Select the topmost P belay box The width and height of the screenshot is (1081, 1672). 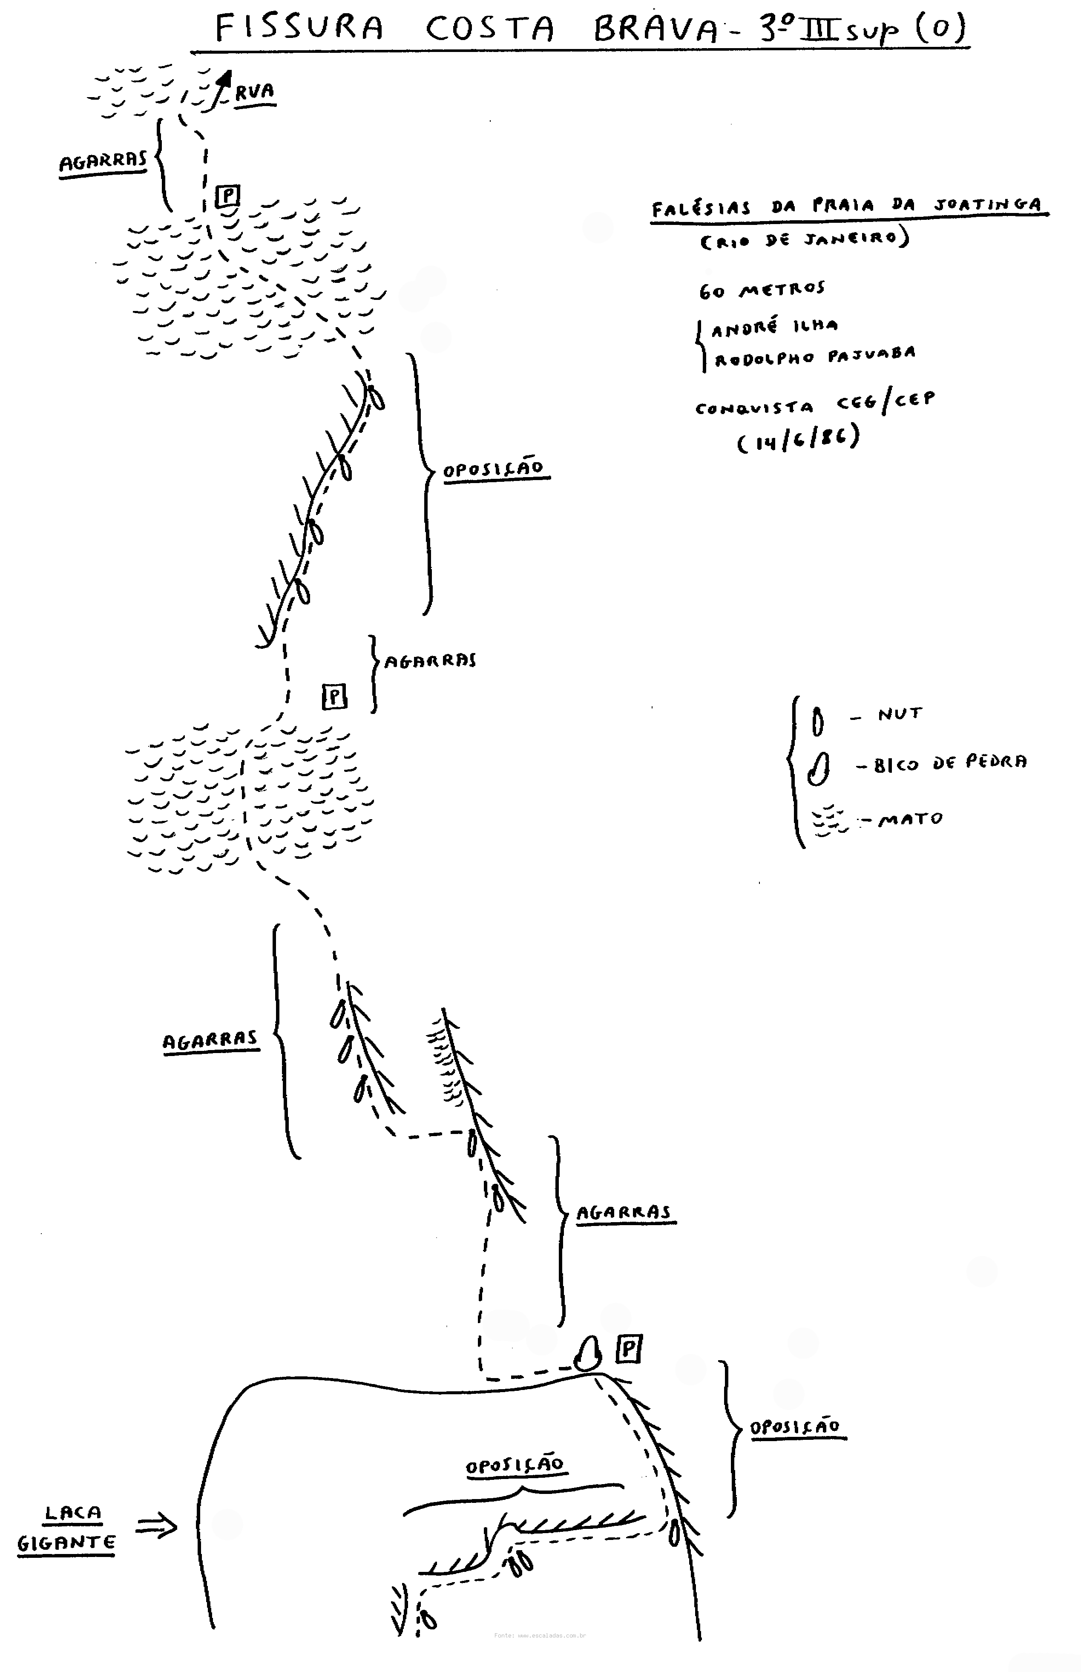coord(227,196)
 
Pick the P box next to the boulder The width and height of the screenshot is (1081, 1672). coord(628,1348)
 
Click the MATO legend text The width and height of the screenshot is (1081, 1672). coord(911,818)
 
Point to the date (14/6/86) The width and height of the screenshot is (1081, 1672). coord(798,440)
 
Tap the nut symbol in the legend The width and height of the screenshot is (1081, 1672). coord(818,721)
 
